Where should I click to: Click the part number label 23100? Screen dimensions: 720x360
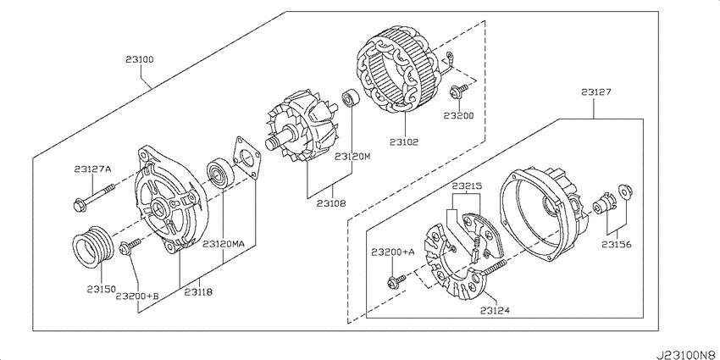click(140, 59)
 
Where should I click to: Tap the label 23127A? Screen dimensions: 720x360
click(92, 169)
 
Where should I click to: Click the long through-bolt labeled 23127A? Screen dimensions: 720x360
click(94, 196)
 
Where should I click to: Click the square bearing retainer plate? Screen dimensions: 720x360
click(246, 157)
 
